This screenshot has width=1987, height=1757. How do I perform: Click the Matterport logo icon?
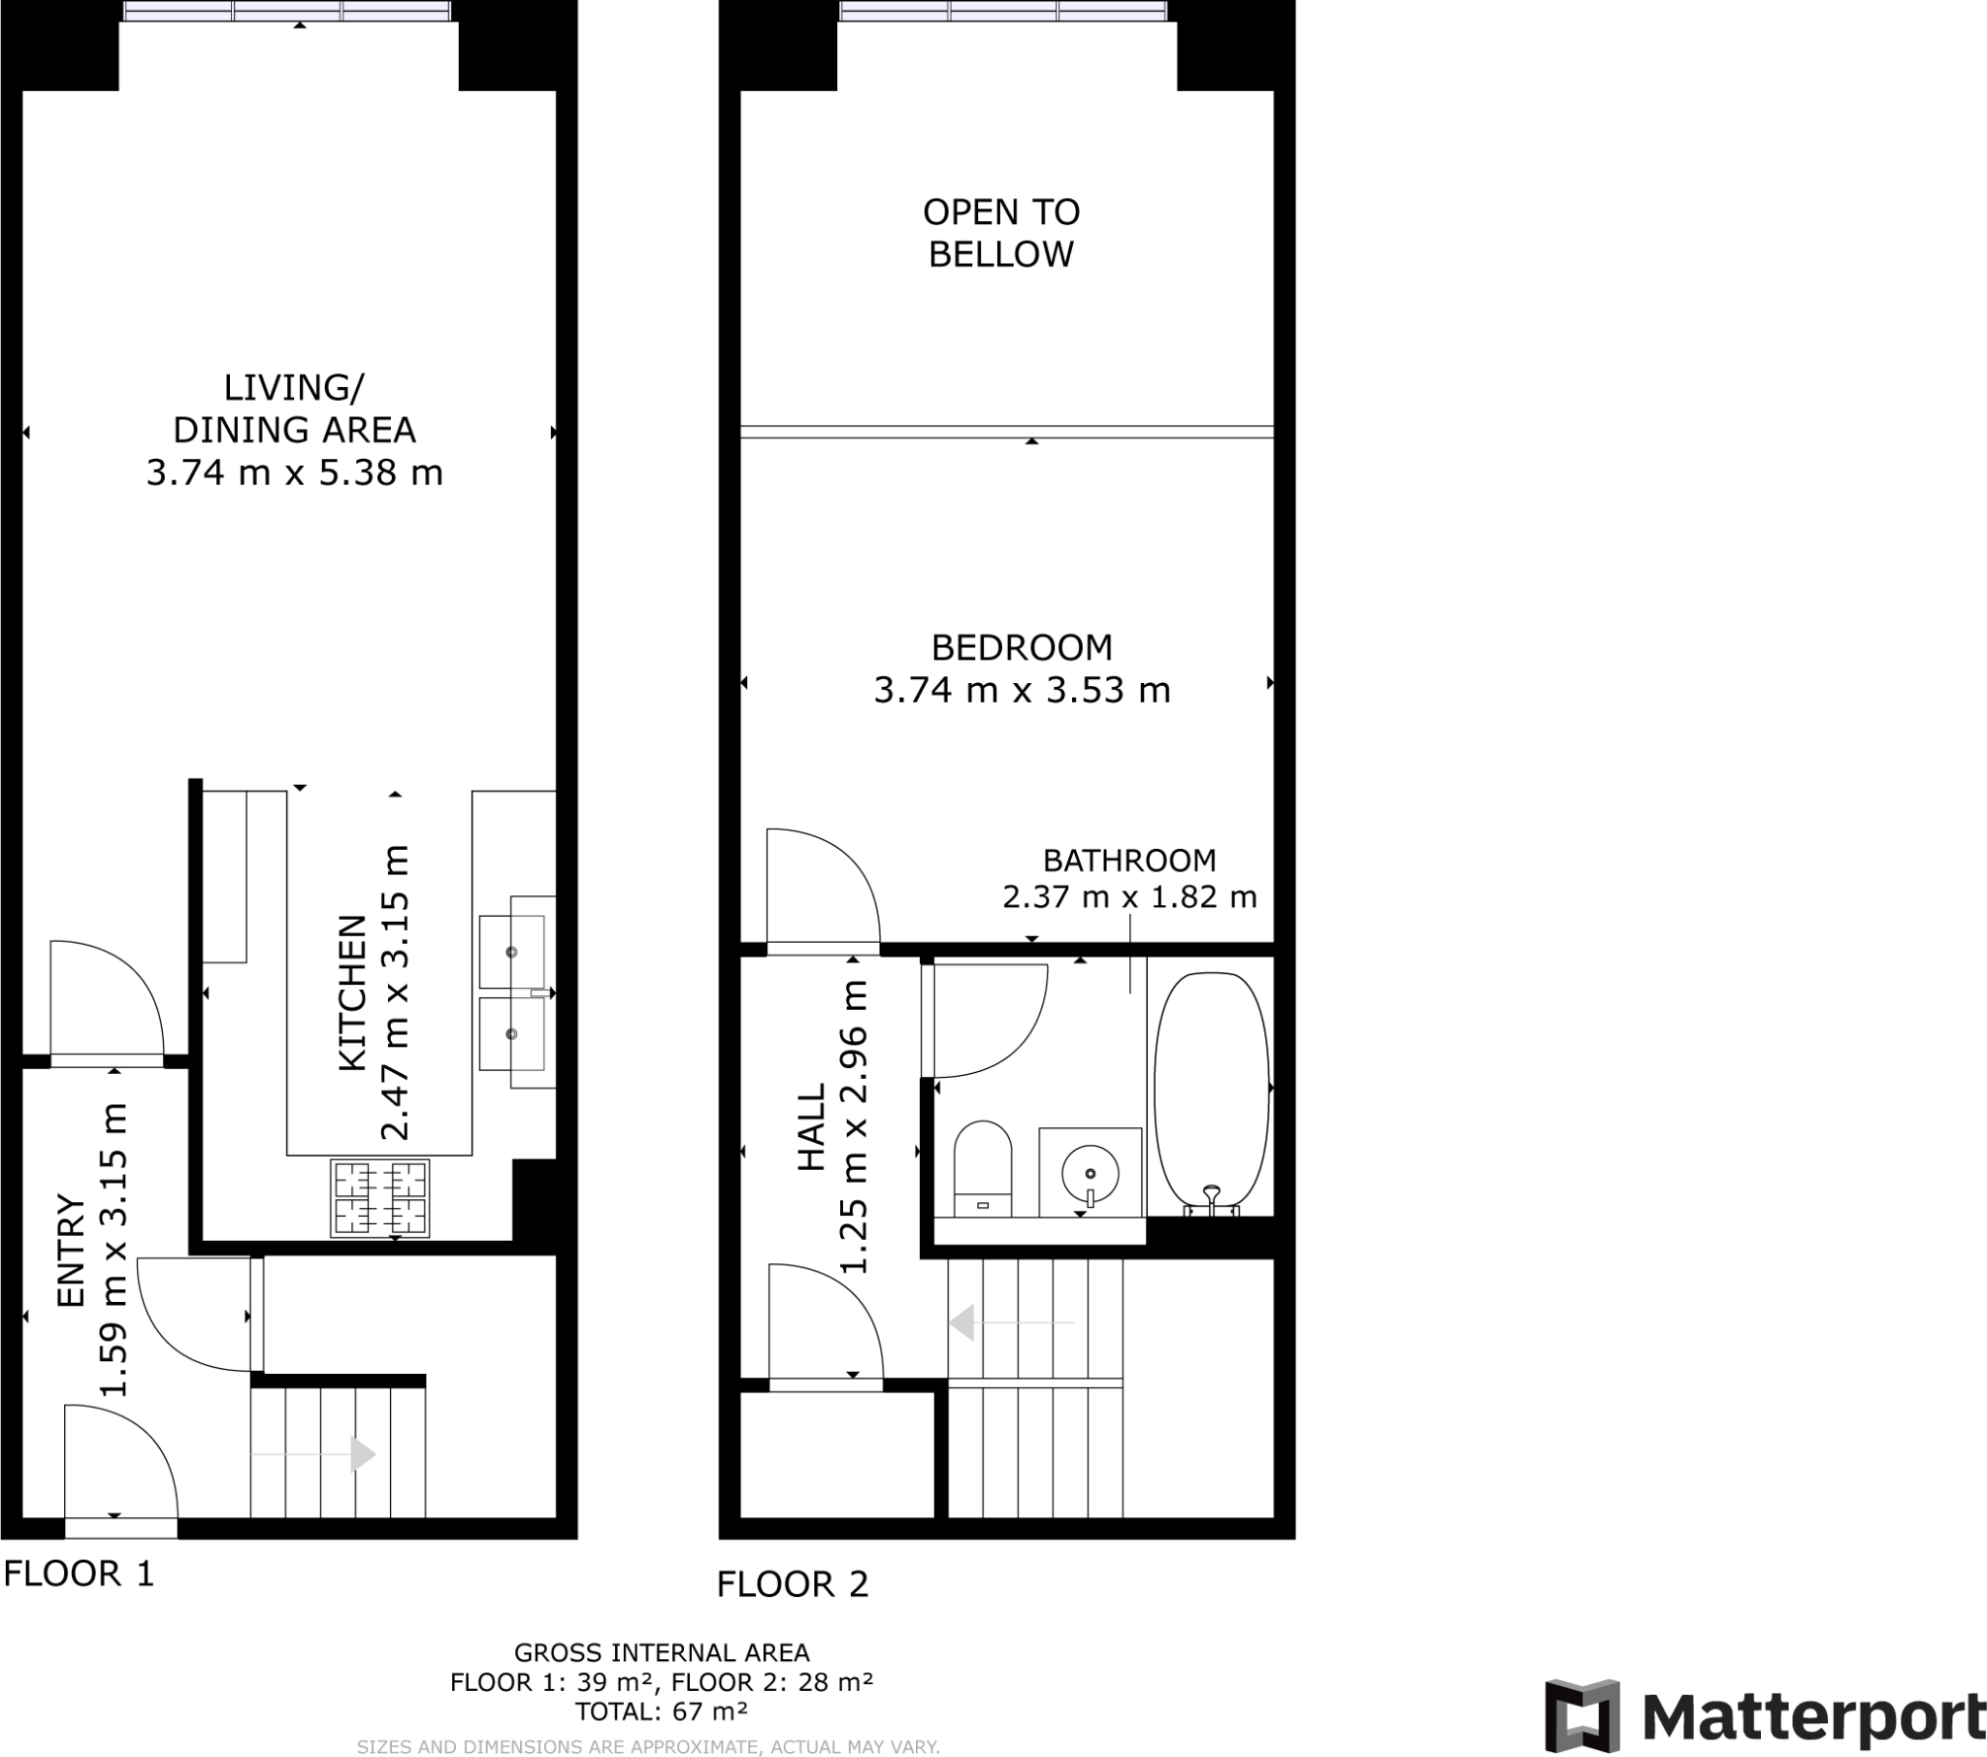pyautogui.click(x=1581, y=1716)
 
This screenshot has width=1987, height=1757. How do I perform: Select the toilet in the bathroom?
pyautogui.click(x=983, y=1167)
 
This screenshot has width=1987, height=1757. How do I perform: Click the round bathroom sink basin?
pyautogui.click(x=1090, y=1174)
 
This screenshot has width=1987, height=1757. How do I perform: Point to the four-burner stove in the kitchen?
pyautogui.click(x=380, y=1198)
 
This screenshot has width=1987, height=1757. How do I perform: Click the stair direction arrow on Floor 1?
pyautogui.click(x=362, y=1454)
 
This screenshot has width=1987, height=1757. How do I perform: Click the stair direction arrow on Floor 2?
pyautogui.click(x=962, y=1323)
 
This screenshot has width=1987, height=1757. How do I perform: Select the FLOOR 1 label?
pyautogui.click(x=79, y=1574)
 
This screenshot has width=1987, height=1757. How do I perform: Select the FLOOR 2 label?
pyautogui.click(x=793, y=1584)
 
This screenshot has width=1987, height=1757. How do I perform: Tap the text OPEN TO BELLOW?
pyautogui.click(x=1000, y=234)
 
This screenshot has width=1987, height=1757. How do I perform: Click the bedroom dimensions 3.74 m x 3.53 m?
pyautogui.click(x=1022, y=691)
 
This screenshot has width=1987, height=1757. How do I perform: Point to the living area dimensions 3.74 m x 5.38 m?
pyautogui.click(x=295, y=472)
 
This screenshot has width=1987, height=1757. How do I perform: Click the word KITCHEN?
pyautogui.click(x=352, y=992)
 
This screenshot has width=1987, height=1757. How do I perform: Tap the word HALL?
pyautogui.click(x=811, y=1127)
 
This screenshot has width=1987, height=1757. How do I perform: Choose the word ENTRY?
pyautogui.click(x=72, y=1251)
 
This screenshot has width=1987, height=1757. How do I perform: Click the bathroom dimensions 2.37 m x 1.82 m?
pyautogui.click(x=1129, y=895)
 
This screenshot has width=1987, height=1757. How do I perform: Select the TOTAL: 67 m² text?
pyautogui.click(x=661, y=1711)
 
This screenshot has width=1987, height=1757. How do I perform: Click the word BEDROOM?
pyautogui.click(x=1022, y=647)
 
